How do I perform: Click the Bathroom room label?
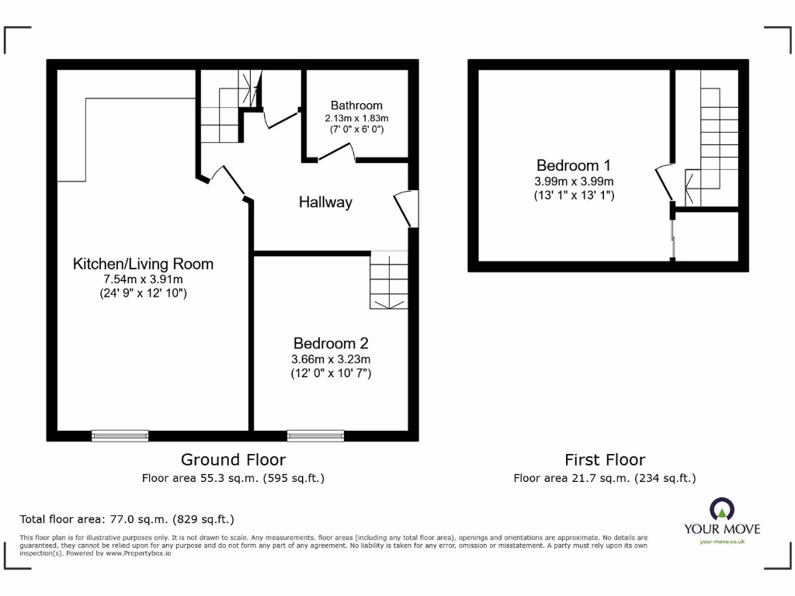click(x=356, y=106)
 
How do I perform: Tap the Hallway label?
click(x=326, y=203)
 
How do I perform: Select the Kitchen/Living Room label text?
click(x=143, y=264)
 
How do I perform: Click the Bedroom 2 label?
click(x=331, y=344)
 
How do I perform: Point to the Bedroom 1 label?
click(x=574, y=165)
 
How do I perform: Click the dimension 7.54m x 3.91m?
click(x=143, y=279)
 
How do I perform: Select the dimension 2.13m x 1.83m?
click(x=356, y=118)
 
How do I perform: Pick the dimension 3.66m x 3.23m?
click(x=331, y=359)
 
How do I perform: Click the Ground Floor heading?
click(x=233, y=460)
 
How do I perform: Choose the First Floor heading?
click(x=605, y=460)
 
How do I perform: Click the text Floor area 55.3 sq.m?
click(x=233, y=478)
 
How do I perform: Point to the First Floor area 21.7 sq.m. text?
click(x=605, y=478)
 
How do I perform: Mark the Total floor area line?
click(x=127, y=519)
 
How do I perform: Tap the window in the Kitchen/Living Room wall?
click(x=120, y=435)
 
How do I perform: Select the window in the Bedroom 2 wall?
click(x=315, y=435)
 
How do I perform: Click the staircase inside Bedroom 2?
click(x=388, y=280)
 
